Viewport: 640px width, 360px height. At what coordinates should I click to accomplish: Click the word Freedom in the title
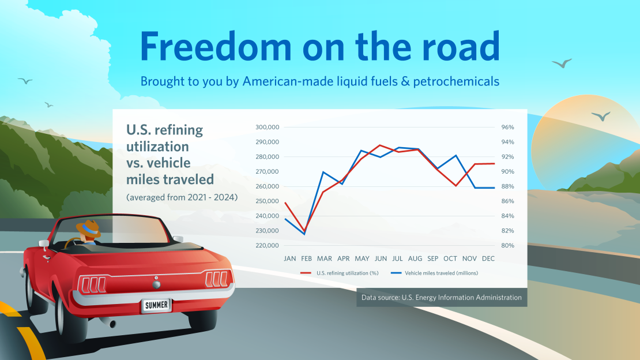point(216,46)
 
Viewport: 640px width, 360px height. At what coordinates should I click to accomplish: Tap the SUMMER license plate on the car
point(156,305)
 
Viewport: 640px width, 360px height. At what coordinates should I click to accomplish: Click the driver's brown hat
point(89,229)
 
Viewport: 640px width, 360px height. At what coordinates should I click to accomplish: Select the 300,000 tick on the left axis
point(268,127)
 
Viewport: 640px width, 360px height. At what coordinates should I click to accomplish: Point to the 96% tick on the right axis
point(508,127)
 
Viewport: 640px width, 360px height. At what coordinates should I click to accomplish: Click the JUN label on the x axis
point(381,258)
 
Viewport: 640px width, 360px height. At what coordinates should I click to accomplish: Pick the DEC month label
point(488,258)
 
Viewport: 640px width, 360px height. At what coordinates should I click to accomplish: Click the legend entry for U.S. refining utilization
point(340,273)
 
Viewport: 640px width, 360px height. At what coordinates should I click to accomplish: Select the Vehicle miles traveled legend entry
point(434,273)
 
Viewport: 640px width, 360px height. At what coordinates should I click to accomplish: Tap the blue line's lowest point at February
point(304,234)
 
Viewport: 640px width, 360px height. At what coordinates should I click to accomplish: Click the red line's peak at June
point(381,145)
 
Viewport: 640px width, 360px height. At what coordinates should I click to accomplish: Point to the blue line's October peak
point(456,156)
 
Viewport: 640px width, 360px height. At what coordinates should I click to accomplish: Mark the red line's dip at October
point(456,186)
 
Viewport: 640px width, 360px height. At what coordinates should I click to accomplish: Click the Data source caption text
point(441,298)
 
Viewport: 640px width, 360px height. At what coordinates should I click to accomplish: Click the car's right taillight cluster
point(217,279)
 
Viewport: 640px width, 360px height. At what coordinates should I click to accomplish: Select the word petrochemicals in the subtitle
point(456,81)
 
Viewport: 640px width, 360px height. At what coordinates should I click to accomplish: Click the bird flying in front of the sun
point(601,116)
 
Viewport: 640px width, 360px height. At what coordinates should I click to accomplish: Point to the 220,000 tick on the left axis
point(268,246)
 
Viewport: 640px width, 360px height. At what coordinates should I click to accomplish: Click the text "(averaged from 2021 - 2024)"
point(182,197)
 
